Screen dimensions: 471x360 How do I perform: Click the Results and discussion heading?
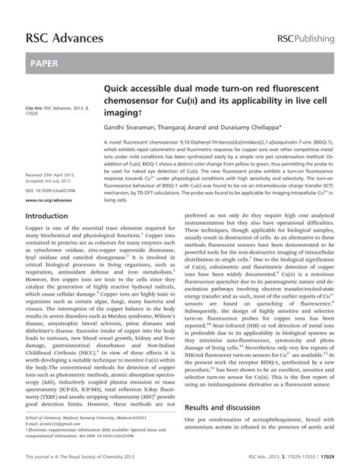226,387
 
